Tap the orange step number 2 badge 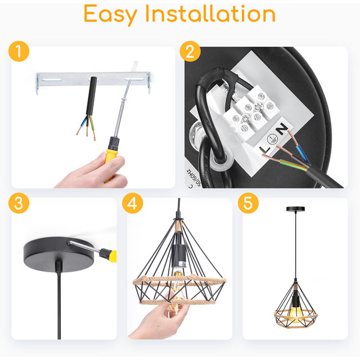(x=190, y=52)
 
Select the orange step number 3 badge (x=19, y=203)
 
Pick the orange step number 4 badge (x=132, y=203)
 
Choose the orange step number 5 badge (x=248, y=203)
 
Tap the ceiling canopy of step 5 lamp (x=295, y=209)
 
